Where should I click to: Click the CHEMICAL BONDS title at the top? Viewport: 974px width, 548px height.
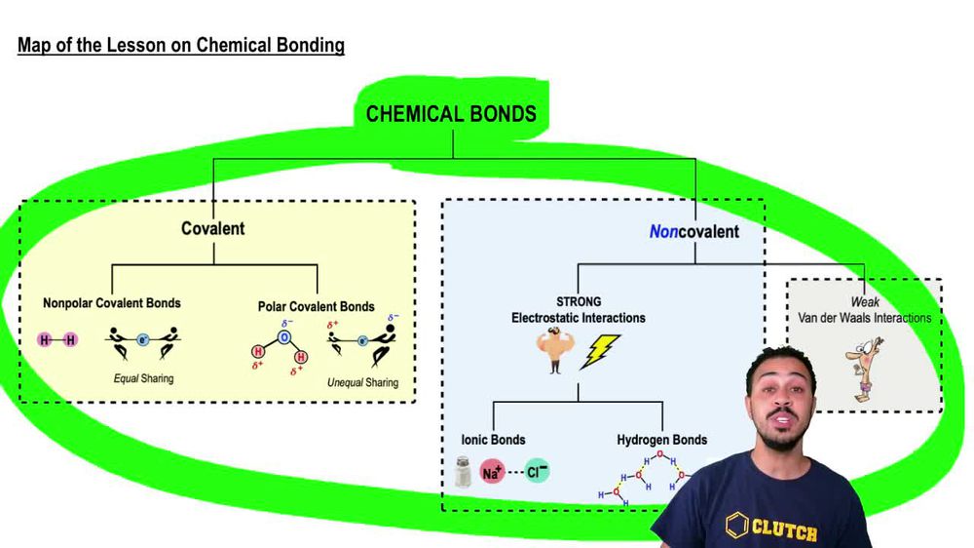[451, 114]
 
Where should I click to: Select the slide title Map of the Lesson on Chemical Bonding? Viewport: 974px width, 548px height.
[181, 45]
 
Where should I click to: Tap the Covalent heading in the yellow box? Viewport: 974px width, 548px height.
[212, 228]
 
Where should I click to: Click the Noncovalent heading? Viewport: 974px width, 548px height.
[693, 232]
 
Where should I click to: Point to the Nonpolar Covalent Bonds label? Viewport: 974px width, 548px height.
[111, 303]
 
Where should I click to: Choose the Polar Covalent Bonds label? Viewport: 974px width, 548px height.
[316, 306]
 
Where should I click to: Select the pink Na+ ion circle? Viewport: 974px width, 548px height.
[493, 474]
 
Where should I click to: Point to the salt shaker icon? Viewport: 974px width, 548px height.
[464, 472]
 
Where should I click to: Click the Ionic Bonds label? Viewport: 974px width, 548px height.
[493, 440]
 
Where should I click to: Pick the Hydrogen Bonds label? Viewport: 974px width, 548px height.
[661, 440]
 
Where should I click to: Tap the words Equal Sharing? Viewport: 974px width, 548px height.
[143, 378]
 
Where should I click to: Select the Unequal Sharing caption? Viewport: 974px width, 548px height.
[362, 382]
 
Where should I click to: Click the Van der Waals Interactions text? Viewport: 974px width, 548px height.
[864, 318]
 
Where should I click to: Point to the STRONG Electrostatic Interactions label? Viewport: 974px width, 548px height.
[579, 310]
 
